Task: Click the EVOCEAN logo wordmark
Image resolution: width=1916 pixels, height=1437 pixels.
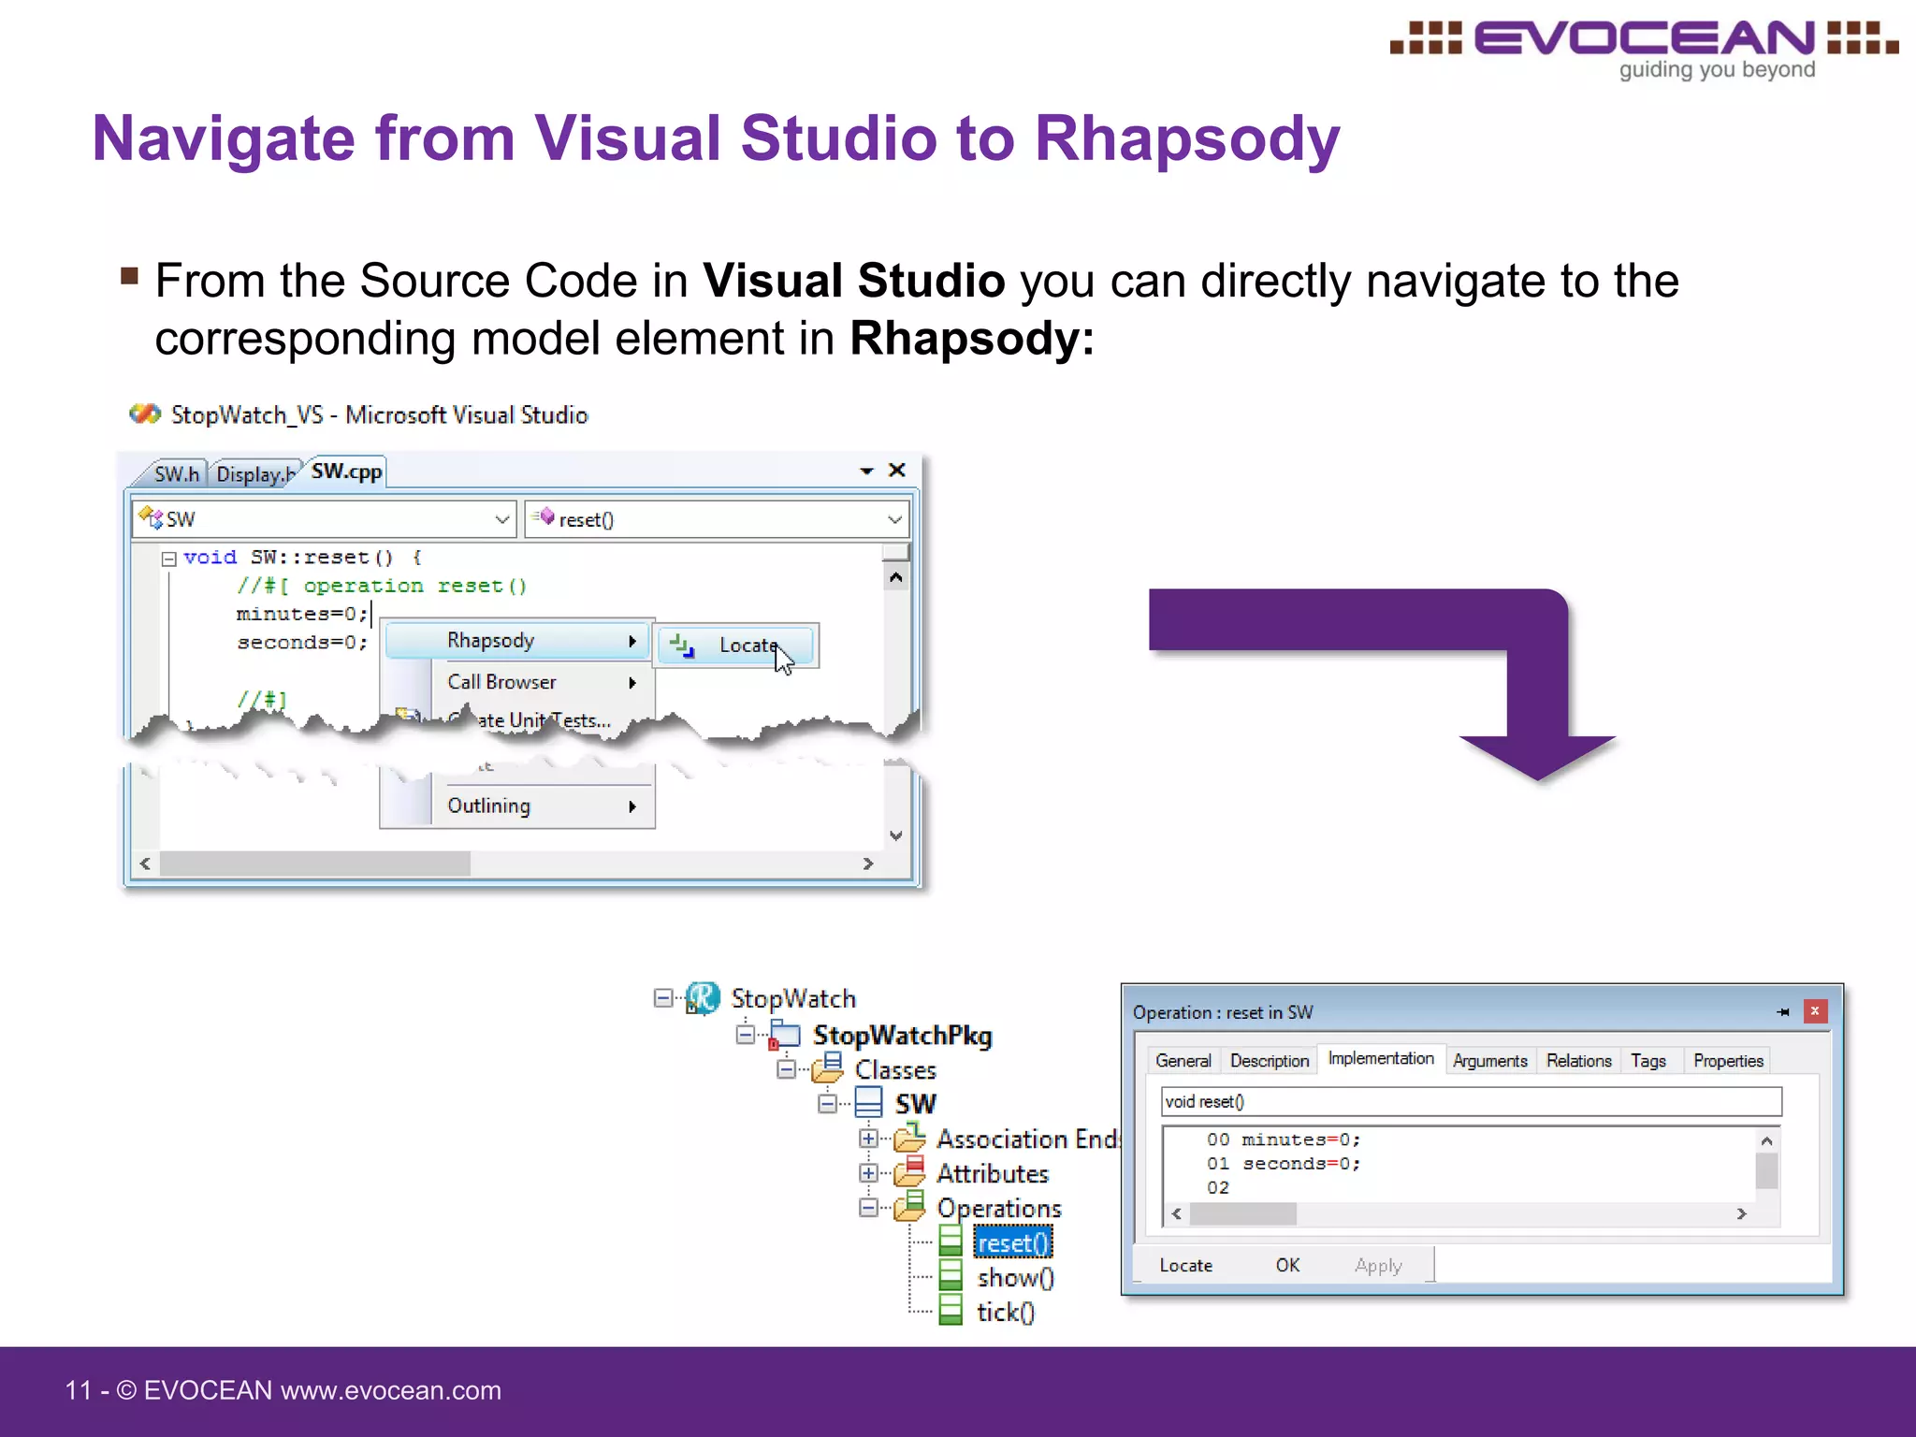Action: pyautogui.click(x=1644, y=39)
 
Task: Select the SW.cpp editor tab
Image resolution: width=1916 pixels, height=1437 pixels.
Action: pyautogui.click(x=346, y=472)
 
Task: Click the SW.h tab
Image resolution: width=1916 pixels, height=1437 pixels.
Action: pyautogui.click(x=176, y=474)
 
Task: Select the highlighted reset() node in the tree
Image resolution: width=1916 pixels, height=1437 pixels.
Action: pyautogui.click(x=1012, y=1242)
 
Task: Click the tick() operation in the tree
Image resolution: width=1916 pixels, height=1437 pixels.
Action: pyautogui.click(x=1006, y=1312)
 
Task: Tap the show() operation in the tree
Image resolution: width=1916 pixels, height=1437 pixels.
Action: pyautogui.click(x=1015, y=1277)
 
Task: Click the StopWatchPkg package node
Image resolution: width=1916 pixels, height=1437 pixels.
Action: pyautogui.click(x=902, y=1035)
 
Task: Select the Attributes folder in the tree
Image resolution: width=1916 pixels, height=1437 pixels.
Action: pyautogui.click(x=992, y=1173)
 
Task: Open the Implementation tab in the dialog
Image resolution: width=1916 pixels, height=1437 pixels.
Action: pyautogui.click(x=1380, y=1058)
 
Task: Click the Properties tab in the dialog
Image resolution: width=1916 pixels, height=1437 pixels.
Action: pyautogui.click(x=1727, y=1061)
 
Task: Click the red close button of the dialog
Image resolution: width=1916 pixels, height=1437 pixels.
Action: pyautogui.click(x=1814, y=1011)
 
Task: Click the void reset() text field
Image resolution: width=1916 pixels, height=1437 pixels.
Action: pyautogui.click(x=1471, y=1101)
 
